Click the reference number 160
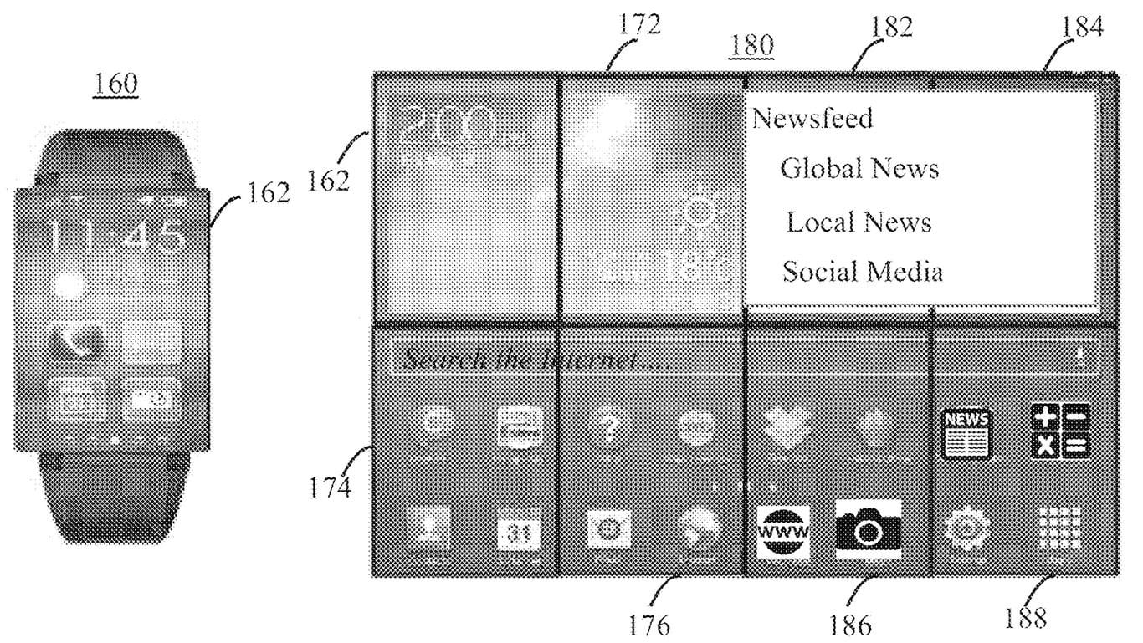117,84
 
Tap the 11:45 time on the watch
116,236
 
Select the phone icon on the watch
76,341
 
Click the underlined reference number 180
751,45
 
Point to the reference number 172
640,27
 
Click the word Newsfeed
812,118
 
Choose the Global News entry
859,168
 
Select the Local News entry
859,222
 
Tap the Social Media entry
863,272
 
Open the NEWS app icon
966,432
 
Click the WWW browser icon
782,531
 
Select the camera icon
869,529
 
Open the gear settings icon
967,529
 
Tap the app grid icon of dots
1058,528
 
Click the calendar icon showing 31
519,533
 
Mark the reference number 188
1026,618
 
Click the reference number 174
331,487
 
